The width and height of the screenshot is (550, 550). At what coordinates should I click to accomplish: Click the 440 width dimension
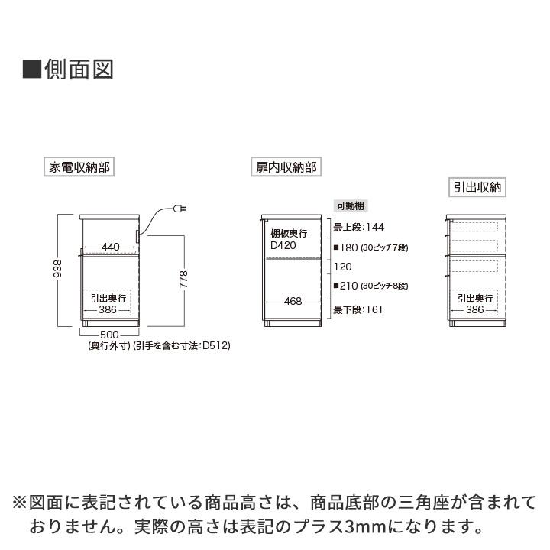coord(110,247)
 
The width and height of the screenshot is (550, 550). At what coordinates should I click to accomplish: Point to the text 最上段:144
coord(359,228)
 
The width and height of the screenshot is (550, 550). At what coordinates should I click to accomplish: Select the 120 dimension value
coord(342,267)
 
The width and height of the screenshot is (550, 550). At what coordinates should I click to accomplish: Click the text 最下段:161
coord(358,310)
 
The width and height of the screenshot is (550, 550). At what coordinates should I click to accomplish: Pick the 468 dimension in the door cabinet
coord(293,301)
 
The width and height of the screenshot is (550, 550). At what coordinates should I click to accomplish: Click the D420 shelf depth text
coord(283,246)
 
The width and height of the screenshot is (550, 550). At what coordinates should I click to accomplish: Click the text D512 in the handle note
coord(215,345)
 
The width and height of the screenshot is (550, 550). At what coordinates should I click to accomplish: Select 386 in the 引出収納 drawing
coord(475,309)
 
